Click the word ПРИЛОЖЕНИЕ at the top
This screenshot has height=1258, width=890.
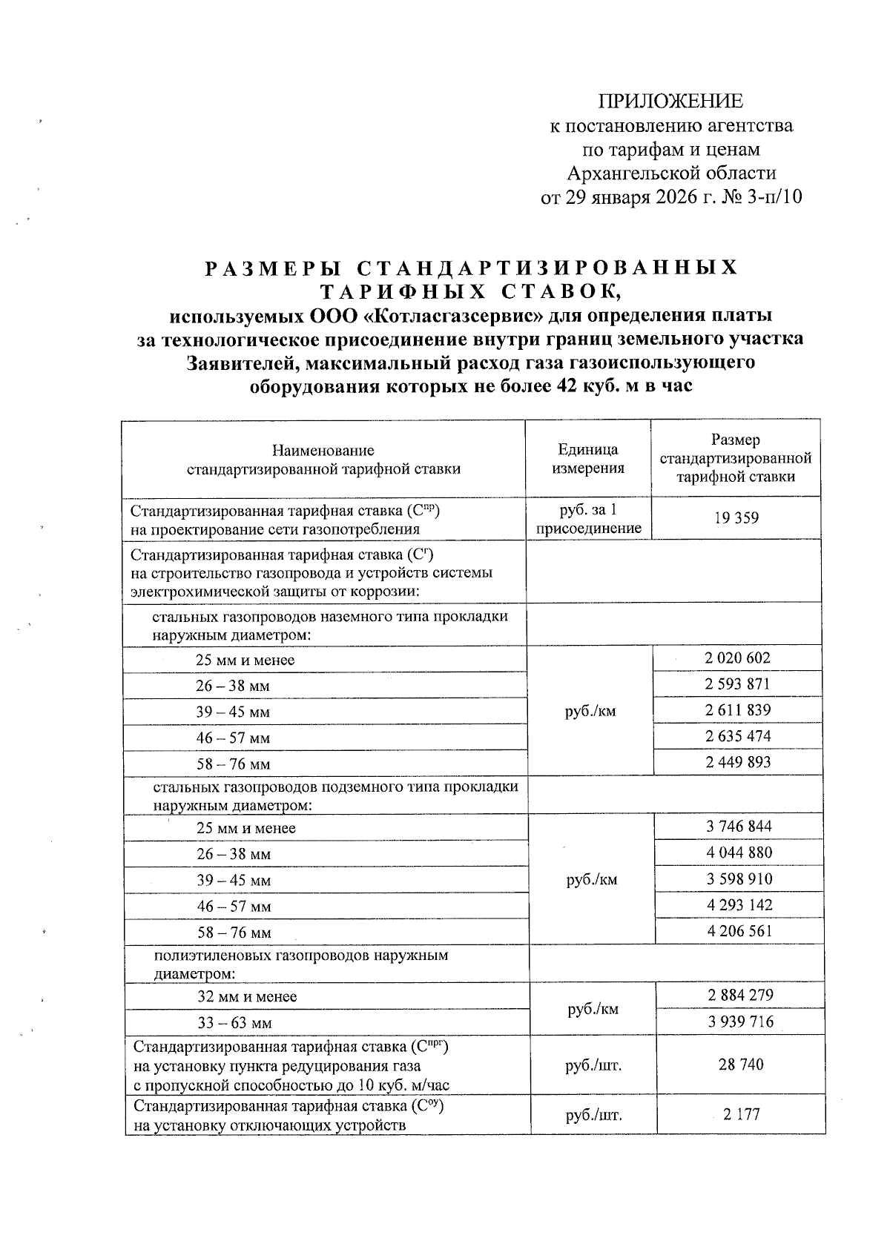click(670, 102)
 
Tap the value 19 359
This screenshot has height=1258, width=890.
click(736, 517)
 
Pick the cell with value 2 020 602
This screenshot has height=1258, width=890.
click(737, 658)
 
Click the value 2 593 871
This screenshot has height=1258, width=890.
click(737, 683)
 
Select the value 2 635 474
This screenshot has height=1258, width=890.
click(738, 736)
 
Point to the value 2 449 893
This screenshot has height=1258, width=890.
click(738, 762)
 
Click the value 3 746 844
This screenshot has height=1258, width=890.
click(739, 826)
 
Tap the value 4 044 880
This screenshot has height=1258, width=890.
click(739, 853)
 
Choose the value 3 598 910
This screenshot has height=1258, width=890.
click(739, 878)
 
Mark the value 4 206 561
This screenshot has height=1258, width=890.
click(740, 931)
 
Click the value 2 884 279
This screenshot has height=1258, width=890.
click(740, 995)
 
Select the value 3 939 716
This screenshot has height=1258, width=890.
click(740, 1022)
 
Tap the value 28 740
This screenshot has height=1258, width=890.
click(741, 1065)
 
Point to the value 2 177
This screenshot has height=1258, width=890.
click(742, 1114)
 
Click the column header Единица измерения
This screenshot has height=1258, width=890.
click(588, 459)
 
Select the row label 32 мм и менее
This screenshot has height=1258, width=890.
click(247, 997)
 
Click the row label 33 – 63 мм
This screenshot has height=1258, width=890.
click(235, 1024)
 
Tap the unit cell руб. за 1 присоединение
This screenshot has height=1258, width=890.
click(588, 519)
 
